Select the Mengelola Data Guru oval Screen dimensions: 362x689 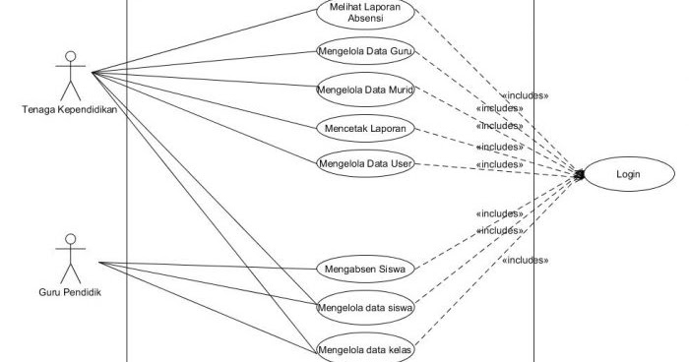point(364,50)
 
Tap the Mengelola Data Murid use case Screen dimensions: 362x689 point(364,90)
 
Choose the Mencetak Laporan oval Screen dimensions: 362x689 point(364,128)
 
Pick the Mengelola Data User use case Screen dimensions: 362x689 point(364,163)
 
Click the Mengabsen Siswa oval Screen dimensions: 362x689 point(364,268)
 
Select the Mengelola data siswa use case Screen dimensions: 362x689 point(364,307)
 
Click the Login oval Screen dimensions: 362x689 point(628,175)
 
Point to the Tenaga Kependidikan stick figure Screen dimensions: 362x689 point(68,74)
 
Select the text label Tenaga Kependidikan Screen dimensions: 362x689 point(69,109)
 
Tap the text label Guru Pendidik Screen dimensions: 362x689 point(69,292)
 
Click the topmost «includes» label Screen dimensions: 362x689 point(525,95)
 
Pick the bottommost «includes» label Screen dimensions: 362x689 point(525,260)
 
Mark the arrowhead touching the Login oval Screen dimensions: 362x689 point(581,175)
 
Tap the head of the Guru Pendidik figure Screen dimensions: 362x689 point(69,239)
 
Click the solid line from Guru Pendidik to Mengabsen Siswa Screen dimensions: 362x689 point(207,266)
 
